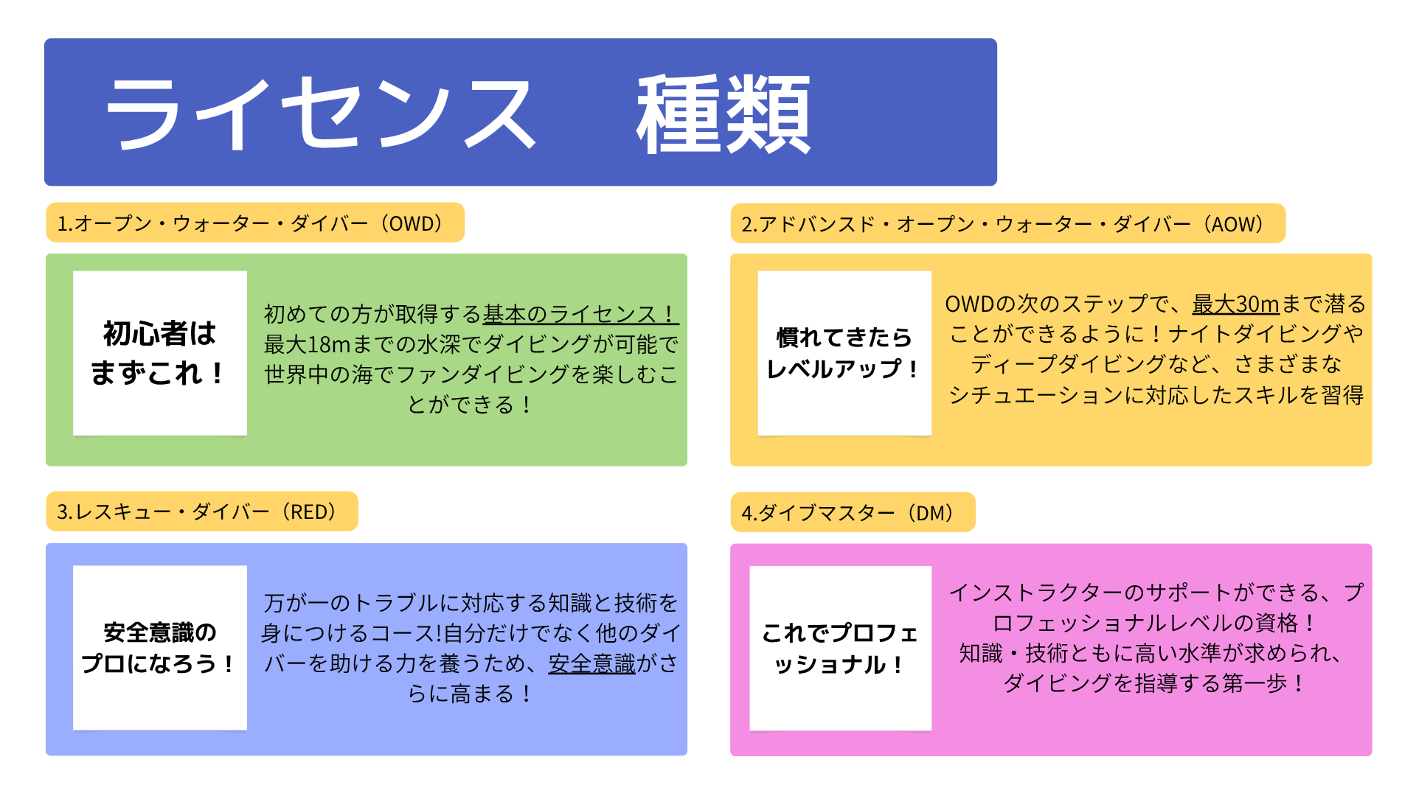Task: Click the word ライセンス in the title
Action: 321,114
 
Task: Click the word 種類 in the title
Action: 723,114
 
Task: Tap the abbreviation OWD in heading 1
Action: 415,223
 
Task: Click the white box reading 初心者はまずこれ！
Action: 160,353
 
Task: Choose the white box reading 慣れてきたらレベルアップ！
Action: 844,353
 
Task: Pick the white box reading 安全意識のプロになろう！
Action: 160,648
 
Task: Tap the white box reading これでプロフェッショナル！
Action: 840,648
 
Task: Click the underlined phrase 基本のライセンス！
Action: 580,314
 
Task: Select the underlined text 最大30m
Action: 1235,304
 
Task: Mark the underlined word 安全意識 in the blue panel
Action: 591,663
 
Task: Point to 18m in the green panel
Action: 329,344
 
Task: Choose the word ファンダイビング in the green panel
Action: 483,374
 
